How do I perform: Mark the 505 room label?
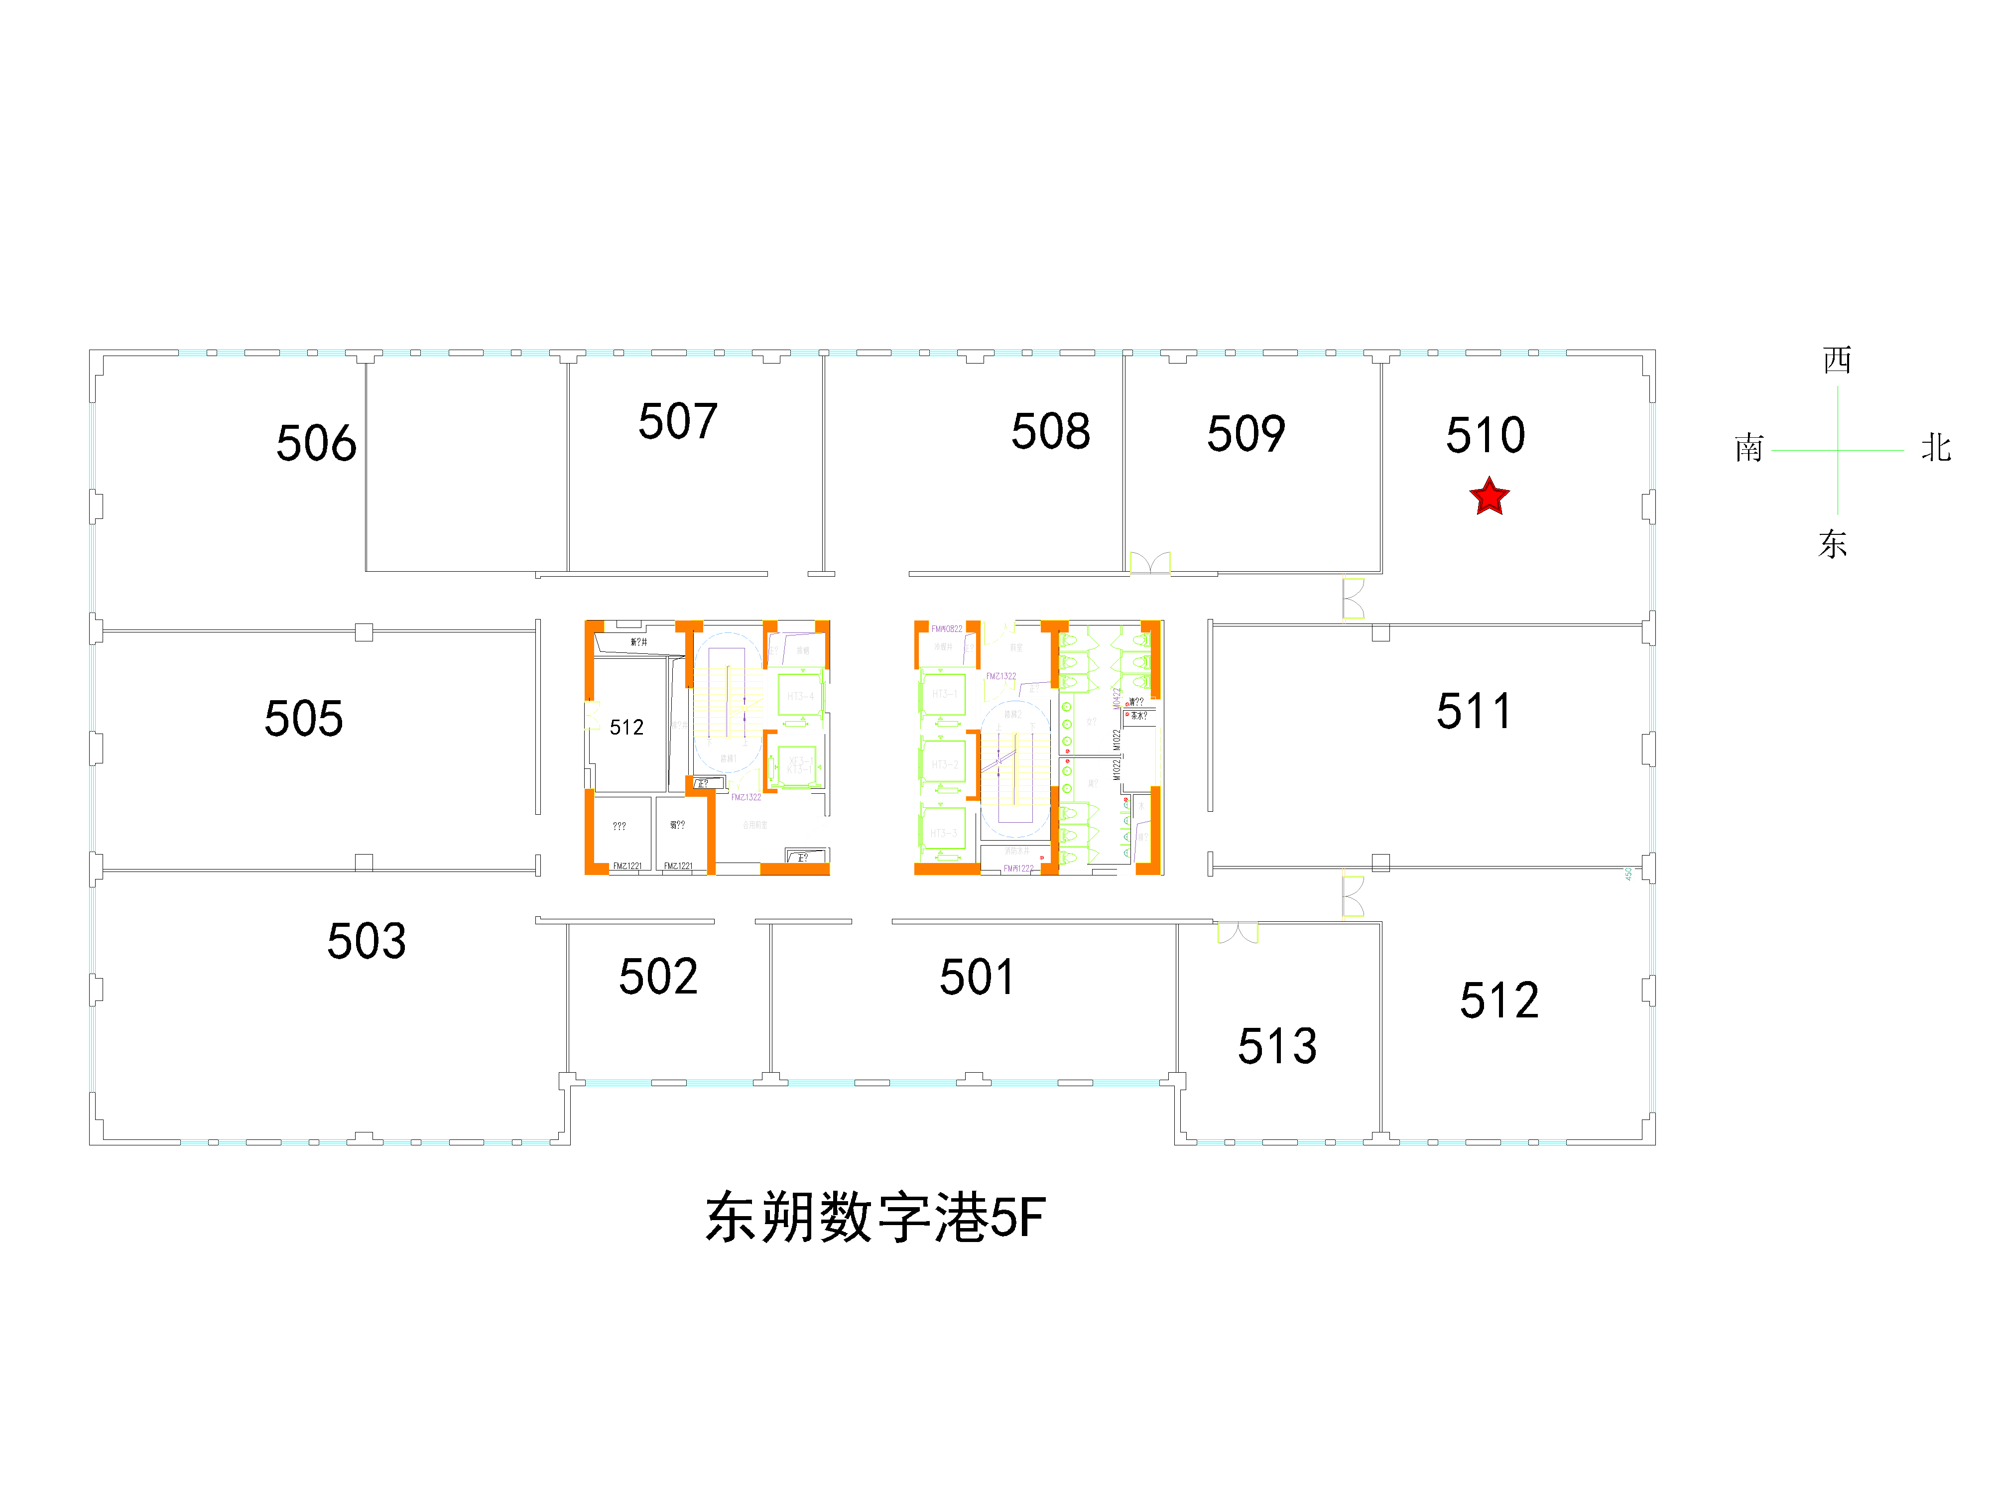pyautogui.click(x=303, y=718)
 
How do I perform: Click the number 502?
pyautogui.click(x=658, y=976)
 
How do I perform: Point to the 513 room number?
pyautogui.click(x=1277, y=1045)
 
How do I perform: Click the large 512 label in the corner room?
pyautogui.click(x=1499, y=999)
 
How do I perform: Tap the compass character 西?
pyautogui.click(x=1837, y=360)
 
